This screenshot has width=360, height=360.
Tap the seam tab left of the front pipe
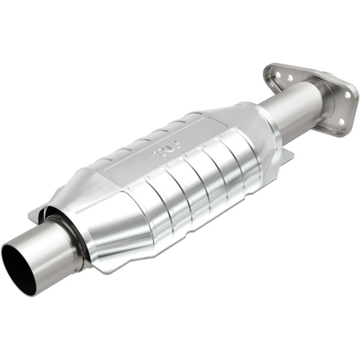click(x=37, y=214)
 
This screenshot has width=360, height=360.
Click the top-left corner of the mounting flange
click(x=268, y=68)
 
